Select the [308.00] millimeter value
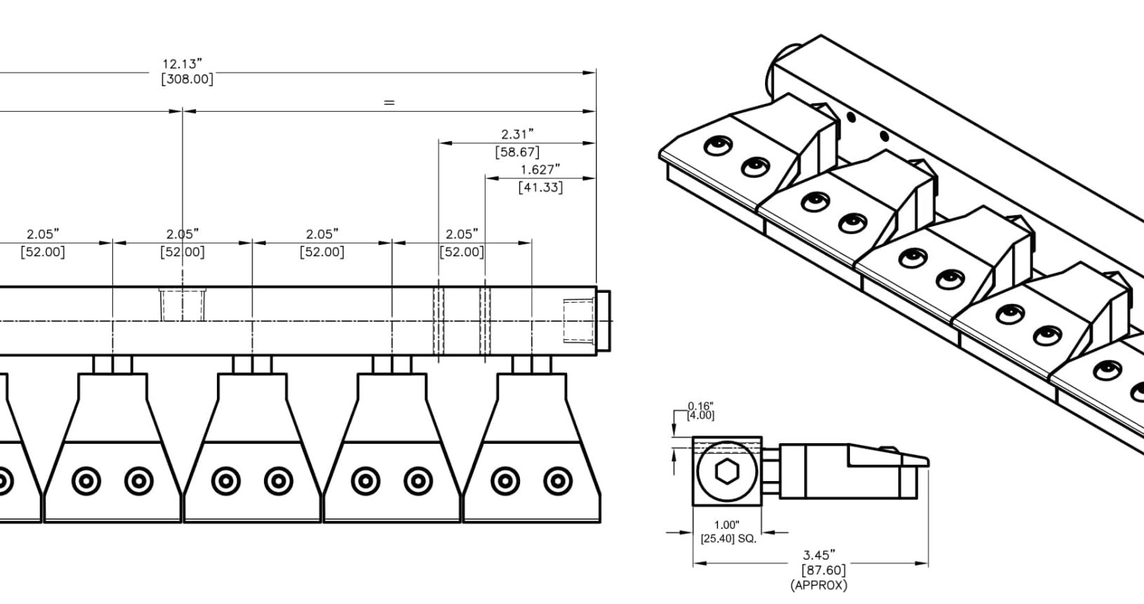[x=187, y=79]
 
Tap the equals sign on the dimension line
[x=389, y=103]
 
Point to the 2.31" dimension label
[x=517, y=134]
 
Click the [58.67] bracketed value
[x=517, y=152]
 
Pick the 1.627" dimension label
[x=540, y=170]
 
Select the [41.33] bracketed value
[x=540, y=188]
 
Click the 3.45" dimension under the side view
[x=819, y=555]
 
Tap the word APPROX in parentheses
[x=818, y=584]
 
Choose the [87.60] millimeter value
[x=823, y=570]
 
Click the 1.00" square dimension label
[x=726, y=525]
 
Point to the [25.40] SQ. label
[x=729, y=539]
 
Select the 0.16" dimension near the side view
[x=700, y=406]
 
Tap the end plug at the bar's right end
[x=603, y=321]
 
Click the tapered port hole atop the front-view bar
[x=182, y=304]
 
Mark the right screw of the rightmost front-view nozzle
[x=557, y=481]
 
